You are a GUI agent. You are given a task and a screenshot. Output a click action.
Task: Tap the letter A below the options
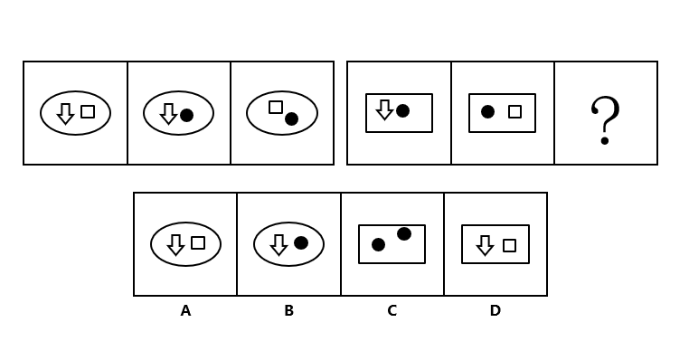click(x=185, y=311)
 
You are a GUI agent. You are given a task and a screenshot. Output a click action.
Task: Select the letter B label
click(x=288, y=311)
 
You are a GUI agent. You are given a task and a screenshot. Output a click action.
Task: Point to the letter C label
click(x=392, y=311)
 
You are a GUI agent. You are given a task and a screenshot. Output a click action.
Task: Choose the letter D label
click(x=496, y=311)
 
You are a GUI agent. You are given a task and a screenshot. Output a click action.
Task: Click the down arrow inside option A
click(x=175, y=244)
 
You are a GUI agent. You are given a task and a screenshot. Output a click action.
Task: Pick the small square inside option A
click(x=198, y=242)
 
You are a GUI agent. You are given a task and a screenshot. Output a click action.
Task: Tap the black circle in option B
click(x=301, y=242)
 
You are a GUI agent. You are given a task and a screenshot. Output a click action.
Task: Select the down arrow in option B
click(x=278, y=244)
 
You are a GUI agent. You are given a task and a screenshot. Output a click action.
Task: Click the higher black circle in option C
click(x=404, y=234)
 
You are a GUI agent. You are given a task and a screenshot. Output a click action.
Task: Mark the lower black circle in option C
click(x=378, y=245)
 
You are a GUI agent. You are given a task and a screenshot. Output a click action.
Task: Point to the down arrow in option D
click(x=486, y=245)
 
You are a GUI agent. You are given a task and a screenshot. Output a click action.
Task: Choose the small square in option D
click(x=509, y=245)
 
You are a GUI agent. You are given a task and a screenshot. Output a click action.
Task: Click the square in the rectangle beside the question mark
click(x=515, y=111)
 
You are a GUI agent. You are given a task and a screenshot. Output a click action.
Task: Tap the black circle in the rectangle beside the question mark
click(x=487, y=111)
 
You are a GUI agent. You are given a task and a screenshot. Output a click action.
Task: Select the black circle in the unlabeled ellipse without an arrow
click(x=291, y=118)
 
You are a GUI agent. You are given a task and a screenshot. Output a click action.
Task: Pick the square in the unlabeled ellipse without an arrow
click(x=276, y=108)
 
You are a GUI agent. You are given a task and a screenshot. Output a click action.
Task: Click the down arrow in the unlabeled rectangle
click(x=384, y=109)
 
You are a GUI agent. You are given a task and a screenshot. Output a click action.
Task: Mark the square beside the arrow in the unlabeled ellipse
click(x=88, y=111)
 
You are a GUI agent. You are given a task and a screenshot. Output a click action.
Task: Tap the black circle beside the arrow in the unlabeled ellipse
click(x=187, y=115)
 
